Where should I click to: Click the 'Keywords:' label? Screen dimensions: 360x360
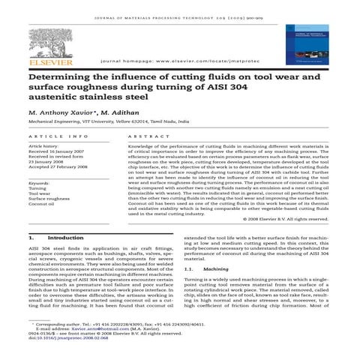pyautogui.click(x=39, y=184)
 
